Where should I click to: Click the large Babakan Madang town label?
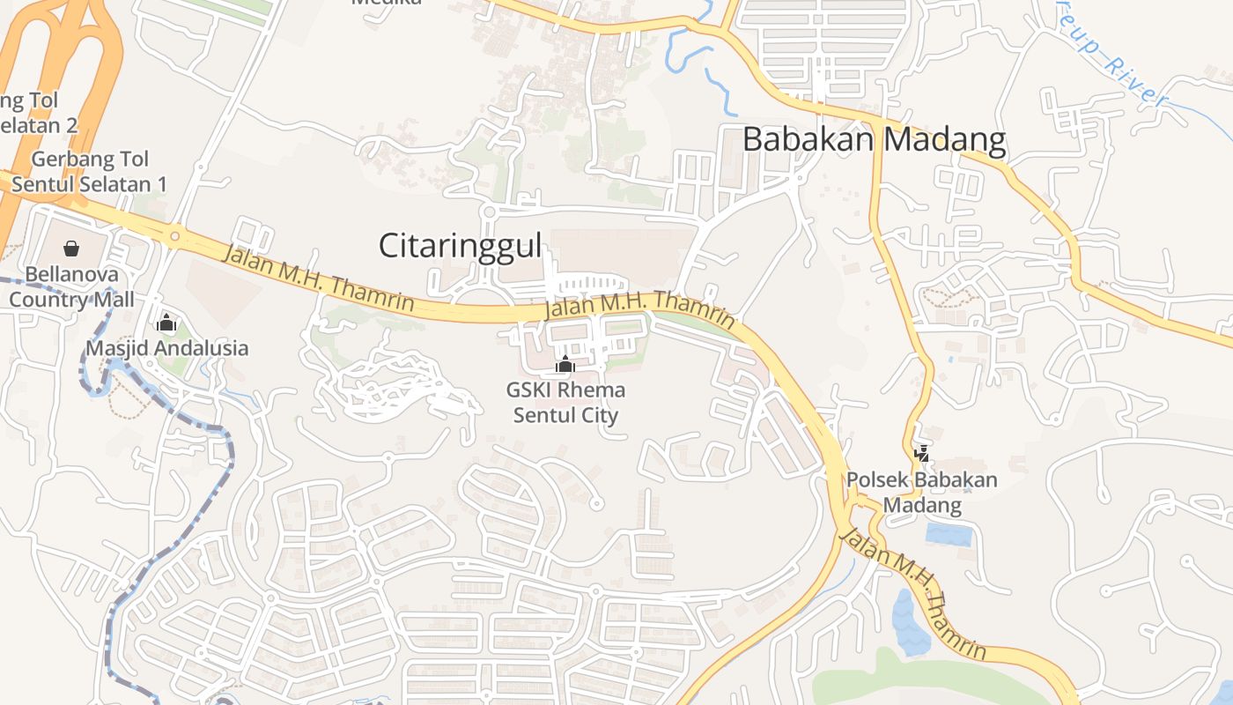(874, 140)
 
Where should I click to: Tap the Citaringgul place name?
(460, 246)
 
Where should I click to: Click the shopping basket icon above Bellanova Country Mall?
(71, 249)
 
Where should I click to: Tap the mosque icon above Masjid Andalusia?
(166, 323)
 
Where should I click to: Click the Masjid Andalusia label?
(166, 348)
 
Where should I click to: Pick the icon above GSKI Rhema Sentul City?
(565, 364)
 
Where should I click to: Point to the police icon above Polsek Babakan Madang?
(922, 454)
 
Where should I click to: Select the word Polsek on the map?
(877, 480)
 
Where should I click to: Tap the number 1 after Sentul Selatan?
(160, 184)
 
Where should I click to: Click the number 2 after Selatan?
(71, 125)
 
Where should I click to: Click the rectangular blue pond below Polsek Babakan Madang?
(948, 533)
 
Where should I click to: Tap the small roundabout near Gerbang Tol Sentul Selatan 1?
(174, 236)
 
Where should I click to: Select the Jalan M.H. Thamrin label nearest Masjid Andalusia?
(319, 278)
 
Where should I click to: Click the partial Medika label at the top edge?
(387, 3)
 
